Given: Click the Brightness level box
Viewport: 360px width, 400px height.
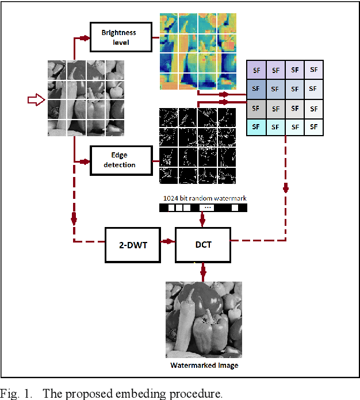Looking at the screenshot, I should coord(121,37).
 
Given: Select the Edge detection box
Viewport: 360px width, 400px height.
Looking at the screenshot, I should coord(121,160).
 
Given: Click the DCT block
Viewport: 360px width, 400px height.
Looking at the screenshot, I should coord(202,244).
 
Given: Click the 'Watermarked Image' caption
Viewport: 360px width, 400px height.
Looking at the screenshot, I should coord(204,365).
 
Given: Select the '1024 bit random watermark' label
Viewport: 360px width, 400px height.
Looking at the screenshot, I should coord(205,198).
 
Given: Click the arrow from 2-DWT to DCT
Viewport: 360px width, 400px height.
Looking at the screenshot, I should coord(167,241).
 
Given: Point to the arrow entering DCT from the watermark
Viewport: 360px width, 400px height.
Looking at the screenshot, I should coord(202,220).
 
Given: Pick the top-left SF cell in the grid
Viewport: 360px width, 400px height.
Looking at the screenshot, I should coord(256,70).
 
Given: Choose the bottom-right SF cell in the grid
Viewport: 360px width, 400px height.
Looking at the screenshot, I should coord(313,126).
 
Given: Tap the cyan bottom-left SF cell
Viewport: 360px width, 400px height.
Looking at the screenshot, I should coord(256,126).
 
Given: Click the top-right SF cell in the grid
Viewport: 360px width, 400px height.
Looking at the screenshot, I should coord(313,70).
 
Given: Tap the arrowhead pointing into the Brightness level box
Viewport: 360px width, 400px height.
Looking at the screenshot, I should coord(86,38).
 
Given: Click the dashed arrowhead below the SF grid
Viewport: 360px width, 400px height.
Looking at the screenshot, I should coord(285,189).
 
